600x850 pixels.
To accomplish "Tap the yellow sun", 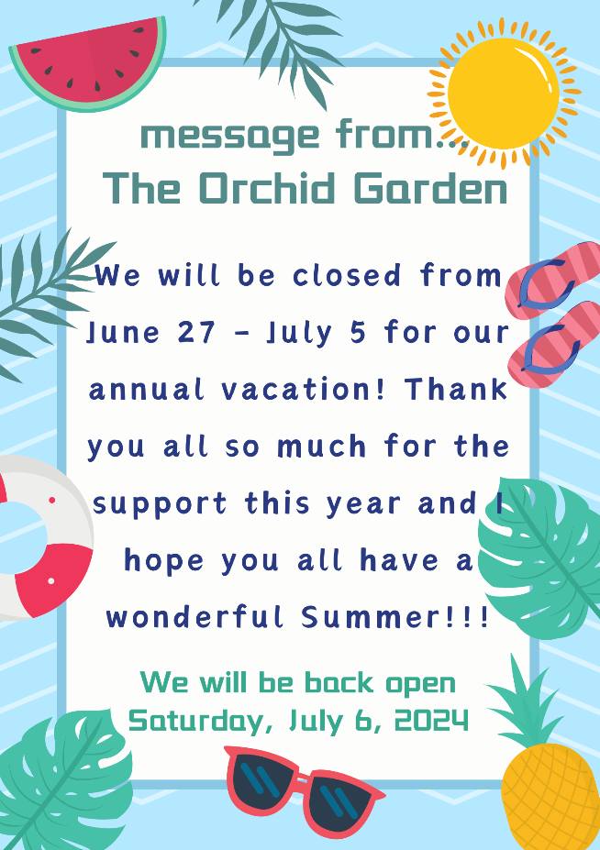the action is [x=504, y=94].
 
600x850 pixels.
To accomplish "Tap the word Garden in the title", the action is [x=430, y=188].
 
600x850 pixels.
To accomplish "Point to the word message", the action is [x=230, y=136].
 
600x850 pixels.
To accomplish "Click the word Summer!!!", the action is [x=395, y=617].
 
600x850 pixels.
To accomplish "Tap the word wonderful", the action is [x=195, y=617].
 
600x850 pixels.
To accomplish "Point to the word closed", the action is [x=347, y=275].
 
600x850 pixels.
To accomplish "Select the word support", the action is [x=160, y=504].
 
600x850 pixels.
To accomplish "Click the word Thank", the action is [x=456, y=389].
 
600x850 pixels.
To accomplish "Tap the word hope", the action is [x=164, y=560].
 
